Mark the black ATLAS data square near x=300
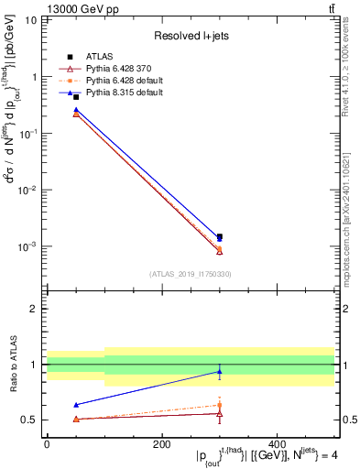pyautogui.click(x=220, y=236)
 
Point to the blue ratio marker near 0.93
pyautogui.click(x=220, y=372)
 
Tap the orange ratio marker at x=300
pyautogui.click(x=220, y=405)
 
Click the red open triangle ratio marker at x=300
pyautogui.click(x=220, y=414)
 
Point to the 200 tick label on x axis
pyautogui.click(x=161, y=444)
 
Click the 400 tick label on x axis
pyautogui.click(x=277, y=444)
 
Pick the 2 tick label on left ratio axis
pyautogui.click(x=34, y=309)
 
